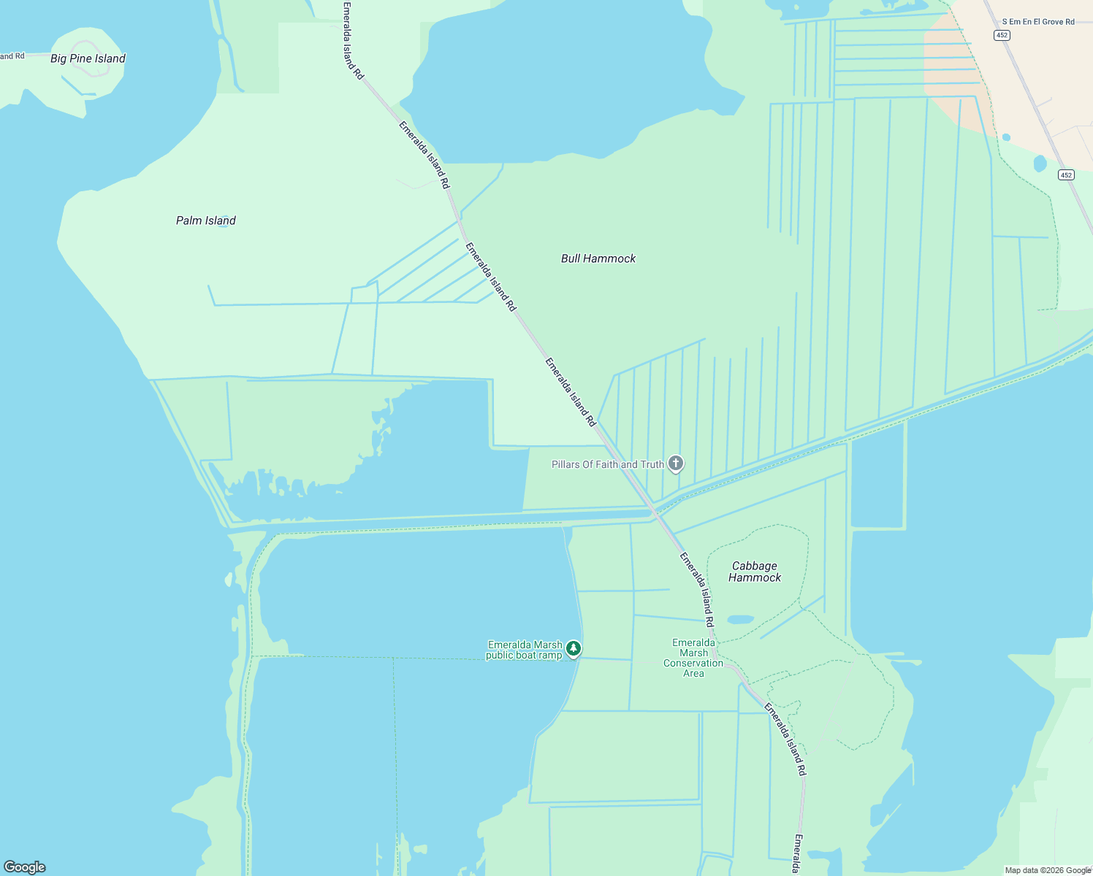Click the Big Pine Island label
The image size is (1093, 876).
[x=88, y=58]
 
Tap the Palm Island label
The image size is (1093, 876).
[x=206, y=220]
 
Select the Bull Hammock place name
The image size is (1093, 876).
[x=598, y=258]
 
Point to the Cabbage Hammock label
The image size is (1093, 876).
[x=755, y=572]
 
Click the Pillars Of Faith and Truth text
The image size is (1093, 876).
[x=608, y=464]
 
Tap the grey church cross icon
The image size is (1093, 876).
[x=677, y=463]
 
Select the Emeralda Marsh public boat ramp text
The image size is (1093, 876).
[x=525, y=650]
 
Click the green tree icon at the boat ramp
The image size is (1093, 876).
[x=574, y=648]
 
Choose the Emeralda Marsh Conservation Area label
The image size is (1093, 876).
[x=693, y=658]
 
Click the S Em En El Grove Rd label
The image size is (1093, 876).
[x=1038, y=22]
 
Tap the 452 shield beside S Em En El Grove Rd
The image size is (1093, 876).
[x=1002, y=35]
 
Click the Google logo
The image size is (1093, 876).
[x=25, y=867]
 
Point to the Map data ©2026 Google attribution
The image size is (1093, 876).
[x=1048, y=870]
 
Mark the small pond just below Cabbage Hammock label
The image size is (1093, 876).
[x=740, y=620]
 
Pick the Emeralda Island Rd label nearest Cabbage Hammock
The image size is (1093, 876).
[x=697, y=590]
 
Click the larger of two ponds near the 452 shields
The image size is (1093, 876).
[x=1040, y=164]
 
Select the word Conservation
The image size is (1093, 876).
[x=693, y=663]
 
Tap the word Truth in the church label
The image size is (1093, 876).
[x=652, y=464]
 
